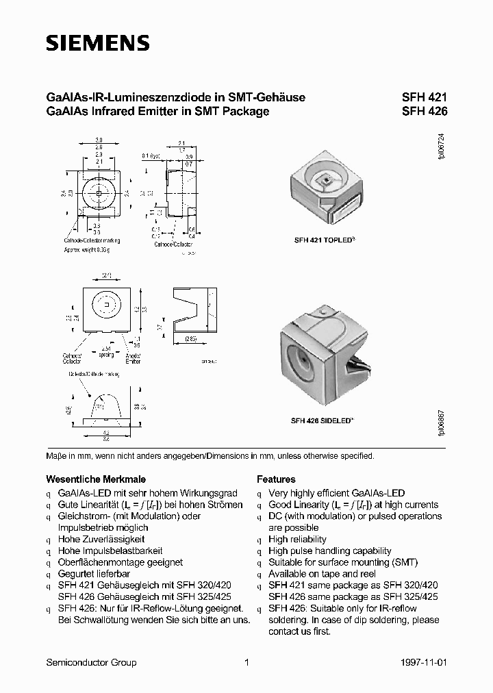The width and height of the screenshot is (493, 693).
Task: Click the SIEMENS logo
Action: pyautogui.click(x=97, y=43)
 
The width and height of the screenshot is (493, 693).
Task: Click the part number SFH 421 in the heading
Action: pyautogui.click(x=424, y=98)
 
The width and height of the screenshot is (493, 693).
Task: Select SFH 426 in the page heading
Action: pyautogui.click(x=424, y=111)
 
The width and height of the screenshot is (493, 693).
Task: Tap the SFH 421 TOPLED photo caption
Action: pyautogui.click(x=324, y=240)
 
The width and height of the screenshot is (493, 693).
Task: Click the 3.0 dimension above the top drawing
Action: pyautogui.click(x=99, y=140)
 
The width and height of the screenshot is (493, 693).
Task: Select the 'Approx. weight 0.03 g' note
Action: pyautogui.click(x=87, y=250)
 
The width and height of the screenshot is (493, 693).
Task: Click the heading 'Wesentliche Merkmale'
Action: pyautogui.click(x=95, y=479)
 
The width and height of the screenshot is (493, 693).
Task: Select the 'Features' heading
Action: pyautogui.click(x=276, y=479)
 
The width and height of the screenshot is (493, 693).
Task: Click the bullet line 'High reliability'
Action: pyautogui.click(x=298, y=540)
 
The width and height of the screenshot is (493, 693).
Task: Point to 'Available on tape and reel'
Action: pyautogui.click(x=322, y=574)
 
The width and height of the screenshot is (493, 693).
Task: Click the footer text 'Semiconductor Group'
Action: pyautogui.click(x=90, y=662)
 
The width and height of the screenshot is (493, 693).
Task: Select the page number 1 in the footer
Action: pyautogui.click(x=246, y=662)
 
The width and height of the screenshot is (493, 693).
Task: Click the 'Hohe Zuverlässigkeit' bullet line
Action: pyautogui.click(x=101, y=540)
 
